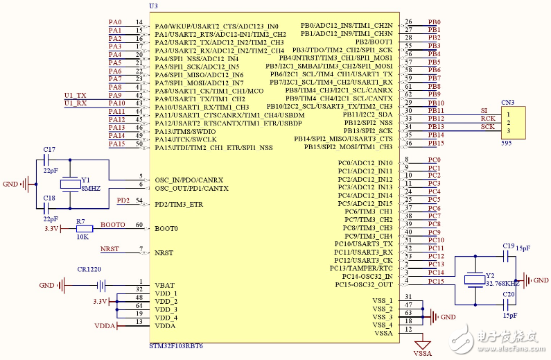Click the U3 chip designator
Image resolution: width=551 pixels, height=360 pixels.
[x=153, y=6]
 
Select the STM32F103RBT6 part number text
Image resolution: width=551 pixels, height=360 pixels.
[x=176, y=345]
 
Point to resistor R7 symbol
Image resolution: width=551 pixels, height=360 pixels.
[x=85, y=228]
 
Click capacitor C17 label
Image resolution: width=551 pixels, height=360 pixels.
[x=49, y=150]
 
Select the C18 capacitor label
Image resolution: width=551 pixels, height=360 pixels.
[x=49, y=198]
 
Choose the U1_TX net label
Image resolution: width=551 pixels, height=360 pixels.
[x=76, y=95]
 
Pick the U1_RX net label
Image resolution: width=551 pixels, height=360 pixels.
[x=76, y=103]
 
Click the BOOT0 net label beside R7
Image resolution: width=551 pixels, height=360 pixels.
[x=113, y=225]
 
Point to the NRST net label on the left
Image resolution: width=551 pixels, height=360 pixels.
[x=110, y=249]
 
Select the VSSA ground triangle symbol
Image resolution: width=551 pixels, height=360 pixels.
[x=422, y=344]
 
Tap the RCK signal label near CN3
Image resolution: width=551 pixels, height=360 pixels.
[x=488, y=119]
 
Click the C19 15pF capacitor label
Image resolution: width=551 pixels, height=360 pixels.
[x=508, y=246]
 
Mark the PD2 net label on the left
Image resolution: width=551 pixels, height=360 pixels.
[x=123, y=200]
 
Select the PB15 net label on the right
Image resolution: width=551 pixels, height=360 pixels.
[x=435, y=144]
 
